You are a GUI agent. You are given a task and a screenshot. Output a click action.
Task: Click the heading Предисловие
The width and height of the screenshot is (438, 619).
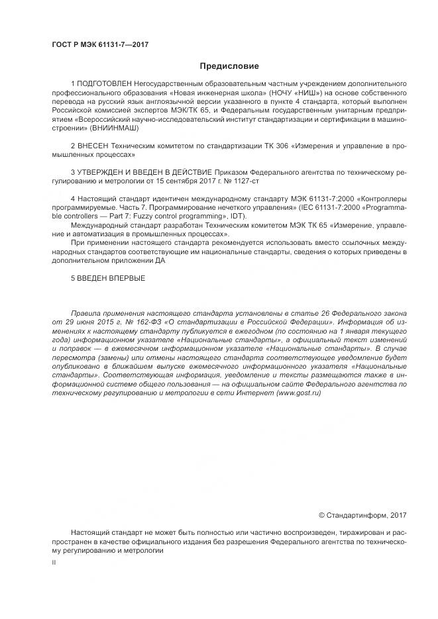pyautogui.click(x=229, y=66)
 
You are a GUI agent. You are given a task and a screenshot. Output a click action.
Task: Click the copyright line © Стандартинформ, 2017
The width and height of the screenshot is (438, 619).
pyautogui.click(x=362, y=514)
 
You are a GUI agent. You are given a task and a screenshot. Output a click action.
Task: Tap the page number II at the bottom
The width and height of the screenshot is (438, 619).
pyautogui.click(x=54, y=562)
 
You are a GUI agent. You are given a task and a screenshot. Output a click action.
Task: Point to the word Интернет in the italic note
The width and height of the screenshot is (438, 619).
pyautogui.click(x=251, y=393)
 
